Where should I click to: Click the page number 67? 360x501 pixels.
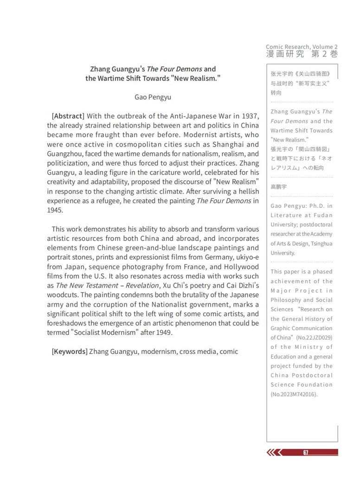click(306, 453)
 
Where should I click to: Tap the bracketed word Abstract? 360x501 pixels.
click(68, 116)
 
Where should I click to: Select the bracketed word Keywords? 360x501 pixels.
click(70, 351)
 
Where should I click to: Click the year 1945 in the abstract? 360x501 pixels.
click(55, 210)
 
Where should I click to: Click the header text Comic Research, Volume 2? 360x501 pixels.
click(302, 47)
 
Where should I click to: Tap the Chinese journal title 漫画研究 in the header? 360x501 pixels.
click(285, 54)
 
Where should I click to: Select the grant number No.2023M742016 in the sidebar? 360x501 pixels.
click(294, 394)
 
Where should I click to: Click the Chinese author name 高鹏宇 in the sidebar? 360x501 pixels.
click(279, 186)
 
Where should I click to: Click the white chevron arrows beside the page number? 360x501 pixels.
click(275, 453)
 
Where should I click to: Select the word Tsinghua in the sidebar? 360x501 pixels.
click(319, 244)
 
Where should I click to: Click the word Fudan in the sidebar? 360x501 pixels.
click(323, 215)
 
